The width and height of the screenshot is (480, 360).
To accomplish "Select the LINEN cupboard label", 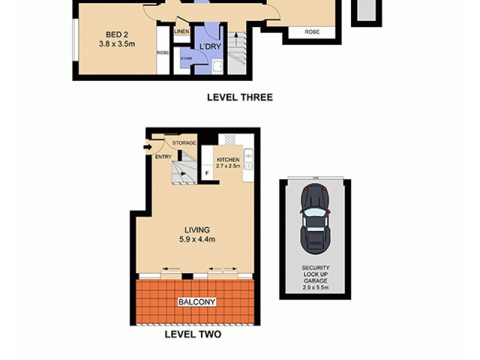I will click(181, 32).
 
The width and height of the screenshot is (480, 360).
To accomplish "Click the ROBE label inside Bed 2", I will click(163, 53).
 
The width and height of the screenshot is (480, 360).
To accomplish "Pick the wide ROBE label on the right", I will click(312, 32).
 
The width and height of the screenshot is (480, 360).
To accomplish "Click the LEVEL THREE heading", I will click(239, 97).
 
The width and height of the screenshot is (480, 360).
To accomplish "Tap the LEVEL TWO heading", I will click(193, 334).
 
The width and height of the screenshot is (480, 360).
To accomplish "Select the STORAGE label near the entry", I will click(184, 143).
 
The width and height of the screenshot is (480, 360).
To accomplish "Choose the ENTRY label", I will click(163, 157).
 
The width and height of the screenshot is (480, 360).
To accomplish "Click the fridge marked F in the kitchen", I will click(207, 173).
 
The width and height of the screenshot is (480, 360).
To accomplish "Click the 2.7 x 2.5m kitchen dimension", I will click(228, 166).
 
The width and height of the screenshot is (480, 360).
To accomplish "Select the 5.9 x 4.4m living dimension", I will click(197, 239).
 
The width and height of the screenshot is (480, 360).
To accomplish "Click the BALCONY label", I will click(196, 302).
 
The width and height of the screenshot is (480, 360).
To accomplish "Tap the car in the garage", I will click(316, 218).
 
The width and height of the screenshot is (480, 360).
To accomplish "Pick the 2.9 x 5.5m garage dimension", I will click(316, 288).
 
